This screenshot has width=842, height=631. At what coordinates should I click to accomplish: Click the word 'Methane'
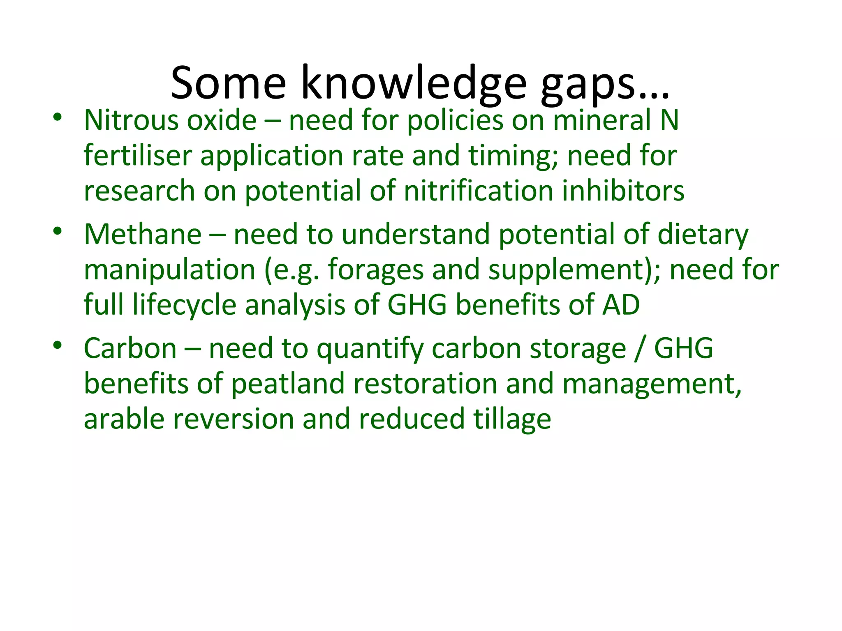coord(143,235)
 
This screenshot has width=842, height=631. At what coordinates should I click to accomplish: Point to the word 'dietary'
coord(703,235)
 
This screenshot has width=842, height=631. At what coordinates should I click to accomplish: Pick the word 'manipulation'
coord(169,270)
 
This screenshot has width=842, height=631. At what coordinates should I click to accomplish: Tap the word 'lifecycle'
coord(185,305)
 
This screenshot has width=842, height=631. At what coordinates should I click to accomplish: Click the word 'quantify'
coord(370,349)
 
